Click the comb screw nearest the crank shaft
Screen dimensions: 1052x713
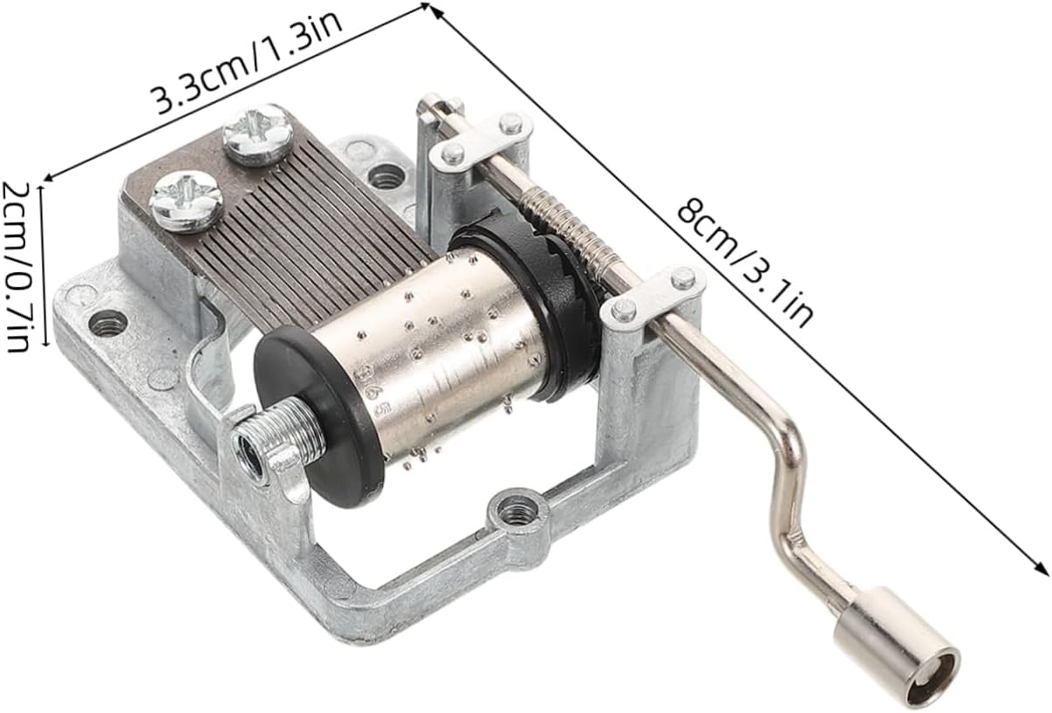pos(258,134)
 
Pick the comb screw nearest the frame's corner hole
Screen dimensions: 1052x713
pos(186,202)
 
